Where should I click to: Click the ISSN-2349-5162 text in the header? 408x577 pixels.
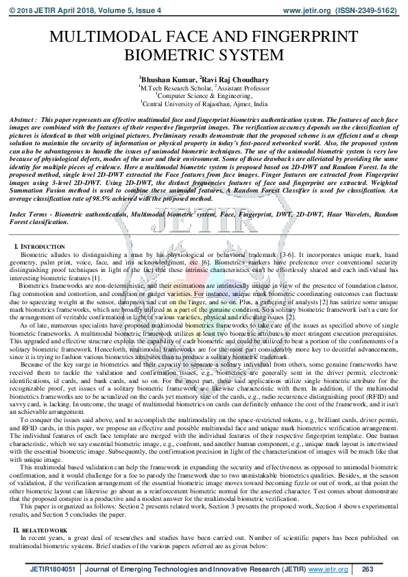coord(371,10)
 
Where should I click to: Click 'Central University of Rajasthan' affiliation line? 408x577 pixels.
coord(204,105)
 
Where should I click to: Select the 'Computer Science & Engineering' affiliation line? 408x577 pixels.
coord(204,97)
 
